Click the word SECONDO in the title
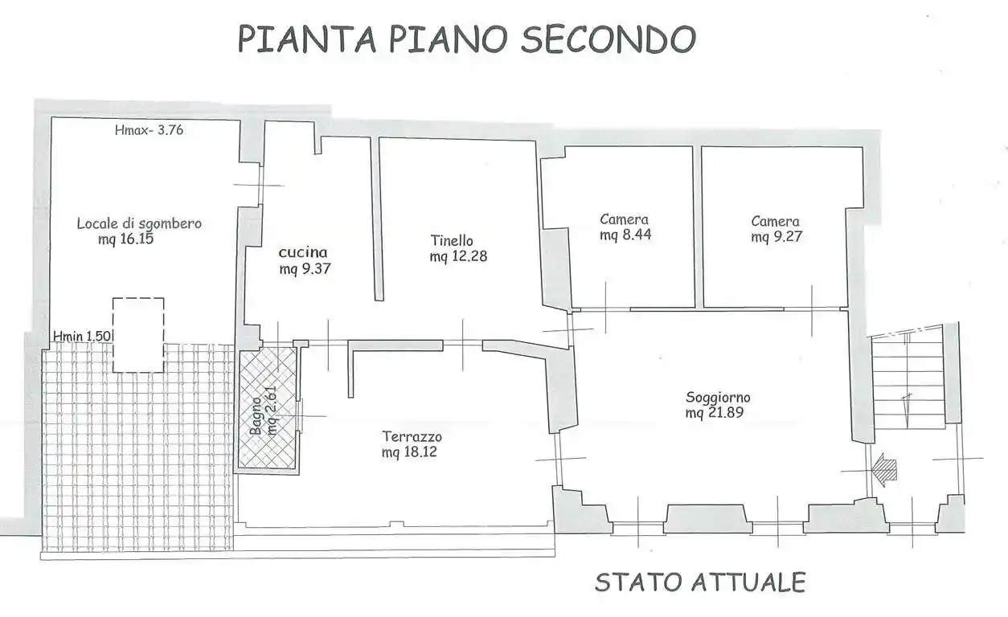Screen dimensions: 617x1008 tap(608, 39)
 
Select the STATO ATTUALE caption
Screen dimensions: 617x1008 tap(700, 582)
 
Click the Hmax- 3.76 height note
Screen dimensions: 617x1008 tap(150, 129)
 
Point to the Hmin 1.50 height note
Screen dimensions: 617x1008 tap(82, 335)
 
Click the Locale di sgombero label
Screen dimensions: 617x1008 tap(138, 223)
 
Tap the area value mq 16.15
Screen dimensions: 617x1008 tap(126, 239)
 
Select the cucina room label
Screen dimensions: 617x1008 tap(303, 252)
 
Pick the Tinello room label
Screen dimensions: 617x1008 tap(452, 240)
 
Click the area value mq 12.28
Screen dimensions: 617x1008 tap(458, 256)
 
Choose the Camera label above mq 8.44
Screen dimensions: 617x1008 tap(624, 219)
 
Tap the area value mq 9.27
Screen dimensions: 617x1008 tap(776, 237)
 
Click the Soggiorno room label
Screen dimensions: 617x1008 tap(718, 397)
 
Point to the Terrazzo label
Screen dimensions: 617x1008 tap(412, 437)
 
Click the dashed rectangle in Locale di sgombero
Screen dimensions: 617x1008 tap(138, 334)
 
